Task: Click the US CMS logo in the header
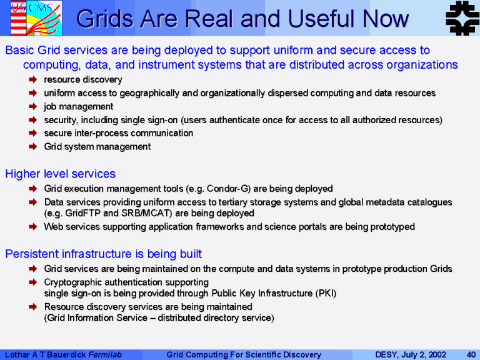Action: click(x=36, y=18)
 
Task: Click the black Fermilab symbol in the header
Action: click(x=462, y=17)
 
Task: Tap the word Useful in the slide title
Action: click(x=322, y=18)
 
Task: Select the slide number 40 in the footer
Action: click(x=471, y=354)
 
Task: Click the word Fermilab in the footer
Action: click(x=105, y=354)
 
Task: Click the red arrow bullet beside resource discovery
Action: click(x=32, y=79)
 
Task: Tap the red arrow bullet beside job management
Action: click(x=32, y=106)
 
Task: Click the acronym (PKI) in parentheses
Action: click(x=326, y=293)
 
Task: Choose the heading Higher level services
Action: click(x=60, y=174)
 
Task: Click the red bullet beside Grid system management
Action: click(x=32, y=147)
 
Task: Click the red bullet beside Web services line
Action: click(x=32, y=227)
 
